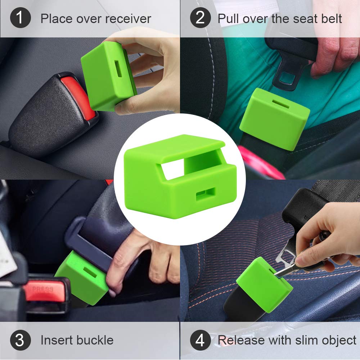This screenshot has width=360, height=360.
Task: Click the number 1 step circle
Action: pyautogui.click(x=21, y=18)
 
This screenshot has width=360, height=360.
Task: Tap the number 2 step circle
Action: pyautogui.click(x=200, y=18)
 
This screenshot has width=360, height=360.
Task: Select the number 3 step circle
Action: pyautogui.click(x=21, y=340)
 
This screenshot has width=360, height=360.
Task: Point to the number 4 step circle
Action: pyautogui.click(x=200, y=340)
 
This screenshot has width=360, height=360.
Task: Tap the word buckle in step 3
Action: pyautogui.click(x=95, y=340)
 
